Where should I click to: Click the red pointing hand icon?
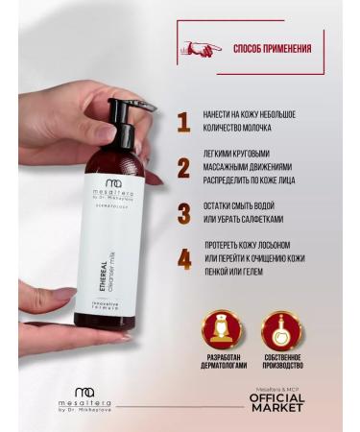click(203, 47)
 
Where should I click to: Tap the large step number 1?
click(183, 122)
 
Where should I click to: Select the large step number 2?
click(183, 170)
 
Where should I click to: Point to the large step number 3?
click(183, 213)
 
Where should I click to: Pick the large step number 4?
click(183, 259)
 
